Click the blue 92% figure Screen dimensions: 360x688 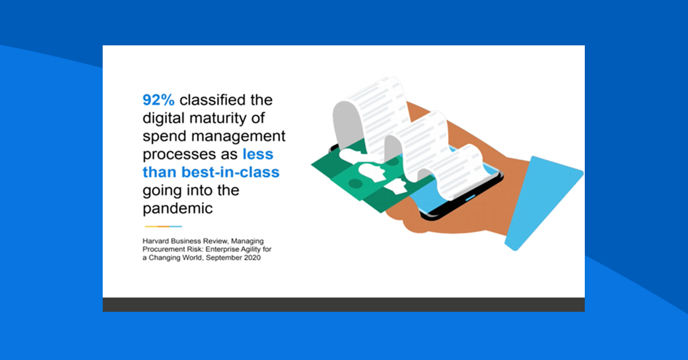click(x=159, y=101)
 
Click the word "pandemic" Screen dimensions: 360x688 click(x=178, y=208)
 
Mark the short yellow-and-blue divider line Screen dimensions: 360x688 click(x=163, y=226)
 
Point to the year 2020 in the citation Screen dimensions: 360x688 click(x=251, y=258)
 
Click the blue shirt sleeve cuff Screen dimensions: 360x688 click(x=542, y=201)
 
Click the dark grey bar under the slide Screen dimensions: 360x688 click(x=343, y=304)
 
